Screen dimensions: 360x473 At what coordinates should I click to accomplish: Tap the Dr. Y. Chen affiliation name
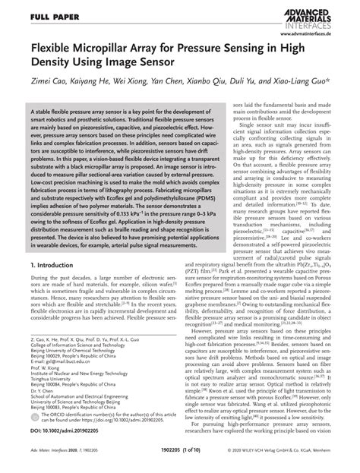point(44,397)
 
